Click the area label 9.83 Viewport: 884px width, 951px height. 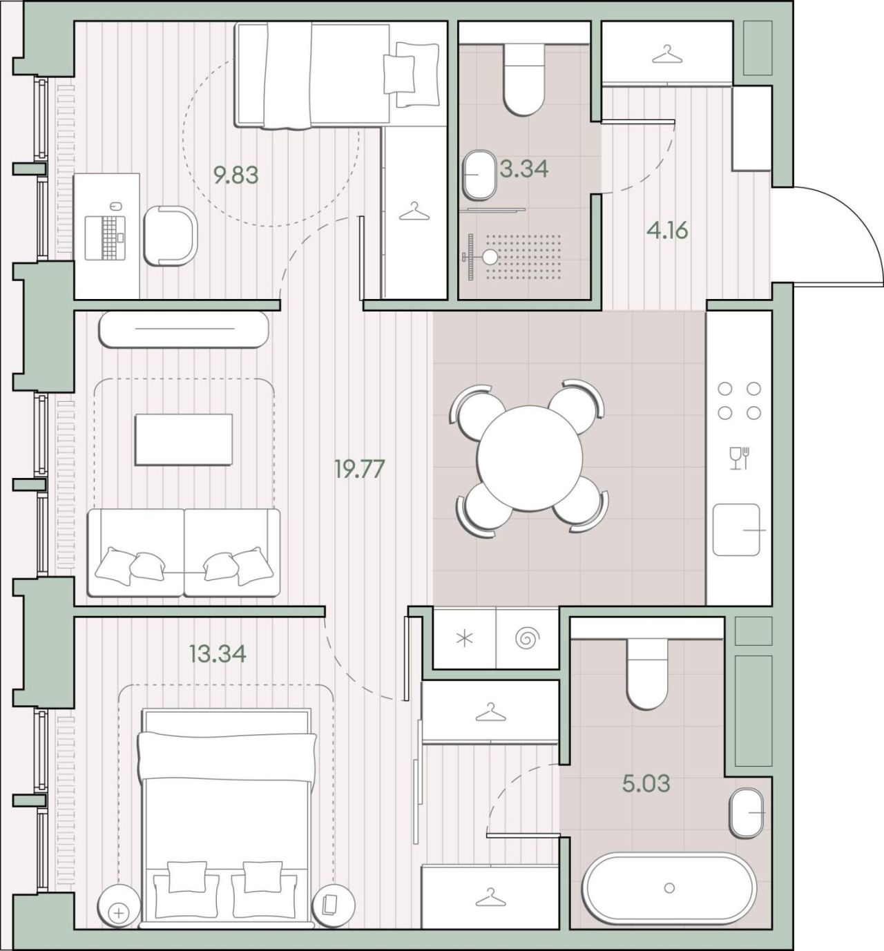coord(236,175)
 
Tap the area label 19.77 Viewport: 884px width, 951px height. coord(359,469)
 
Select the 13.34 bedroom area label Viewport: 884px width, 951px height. coord(218,653)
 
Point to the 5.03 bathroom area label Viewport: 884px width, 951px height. coord(646,784)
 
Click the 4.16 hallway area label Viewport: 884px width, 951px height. coord(667,231)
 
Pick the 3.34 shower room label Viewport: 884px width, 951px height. coord(524,169)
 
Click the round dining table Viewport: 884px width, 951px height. coord(529,458)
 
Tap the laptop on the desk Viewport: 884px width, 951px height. coord(106,238)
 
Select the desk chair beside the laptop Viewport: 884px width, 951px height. coord(171,236)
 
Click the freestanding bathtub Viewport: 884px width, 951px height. coord(669,887)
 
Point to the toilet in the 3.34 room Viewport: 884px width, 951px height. coord(524,79)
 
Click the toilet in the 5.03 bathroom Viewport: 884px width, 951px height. coord(647,674)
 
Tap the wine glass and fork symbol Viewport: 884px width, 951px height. coord(739,458)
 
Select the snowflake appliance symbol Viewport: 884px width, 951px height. coord(465,639)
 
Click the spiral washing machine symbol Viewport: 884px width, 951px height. coord(528,638)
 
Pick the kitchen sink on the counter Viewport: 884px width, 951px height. coord(736,530)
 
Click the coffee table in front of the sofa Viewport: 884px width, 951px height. coord(184,439)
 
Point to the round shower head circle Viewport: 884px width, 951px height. coord(490,257)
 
